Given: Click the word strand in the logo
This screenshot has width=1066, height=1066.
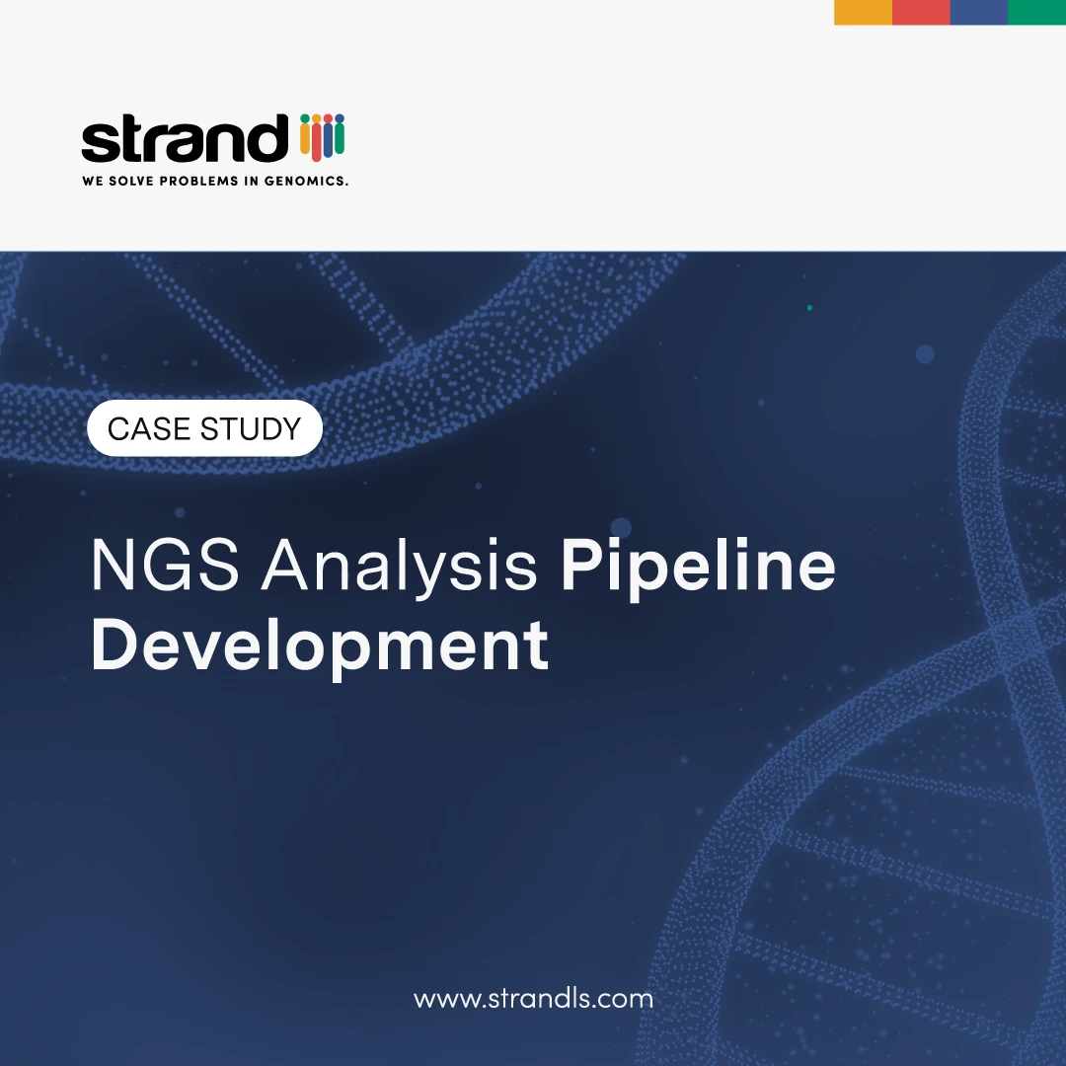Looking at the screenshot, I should coord(184,140).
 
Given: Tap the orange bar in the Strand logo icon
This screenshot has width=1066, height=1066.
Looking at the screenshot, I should coord(304,141).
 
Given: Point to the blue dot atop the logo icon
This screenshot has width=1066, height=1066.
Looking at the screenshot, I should coord(328,118).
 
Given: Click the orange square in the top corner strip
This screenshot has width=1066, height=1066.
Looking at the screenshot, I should coord(863,12).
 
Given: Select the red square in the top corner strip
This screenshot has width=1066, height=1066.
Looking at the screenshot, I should coord(921,12).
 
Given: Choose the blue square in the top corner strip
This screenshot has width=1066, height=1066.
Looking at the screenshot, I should coord(978,12).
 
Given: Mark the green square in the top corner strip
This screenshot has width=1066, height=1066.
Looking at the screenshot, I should coord(1036,12).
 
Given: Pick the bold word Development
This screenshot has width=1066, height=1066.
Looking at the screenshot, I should coord(320,647).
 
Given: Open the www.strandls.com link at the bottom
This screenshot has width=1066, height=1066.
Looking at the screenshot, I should coord(533,998).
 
